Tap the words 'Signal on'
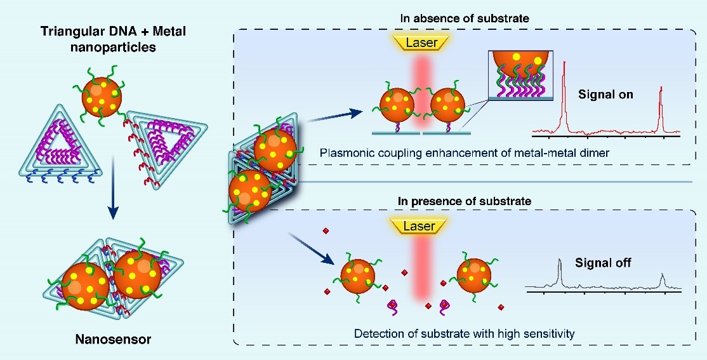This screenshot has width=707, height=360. pyautogui.click(x=605, y=95)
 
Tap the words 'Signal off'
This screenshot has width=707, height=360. pyautogui.click(x=603, y=262)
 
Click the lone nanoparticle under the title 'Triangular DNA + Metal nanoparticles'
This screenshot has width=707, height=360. pyautogui.click(x=100, y=98)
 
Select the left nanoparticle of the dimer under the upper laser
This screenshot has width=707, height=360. pyautogui.click(x=397, y=105)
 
